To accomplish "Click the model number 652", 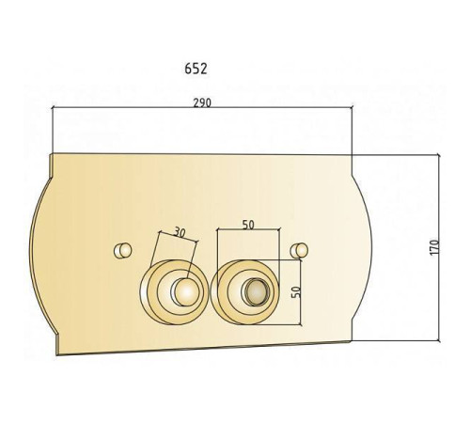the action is click(x=196, y=69).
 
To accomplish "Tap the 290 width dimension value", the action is click(x=202, y=102).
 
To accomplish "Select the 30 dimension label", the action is click(x=180, y=233).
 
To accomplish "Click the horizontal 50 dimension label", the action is click(x=248, y=225).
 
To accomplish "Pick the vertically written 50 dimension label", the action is click(x=296, y=292).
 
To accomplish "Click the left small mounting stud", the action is click(x=122, y=250).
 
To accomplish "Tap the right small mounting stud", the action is click(x=299, y=250).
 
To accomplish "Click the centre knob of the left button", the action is click(x=186, y=292).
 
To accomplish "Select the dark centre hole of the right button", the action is click(x=257, y=291).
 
